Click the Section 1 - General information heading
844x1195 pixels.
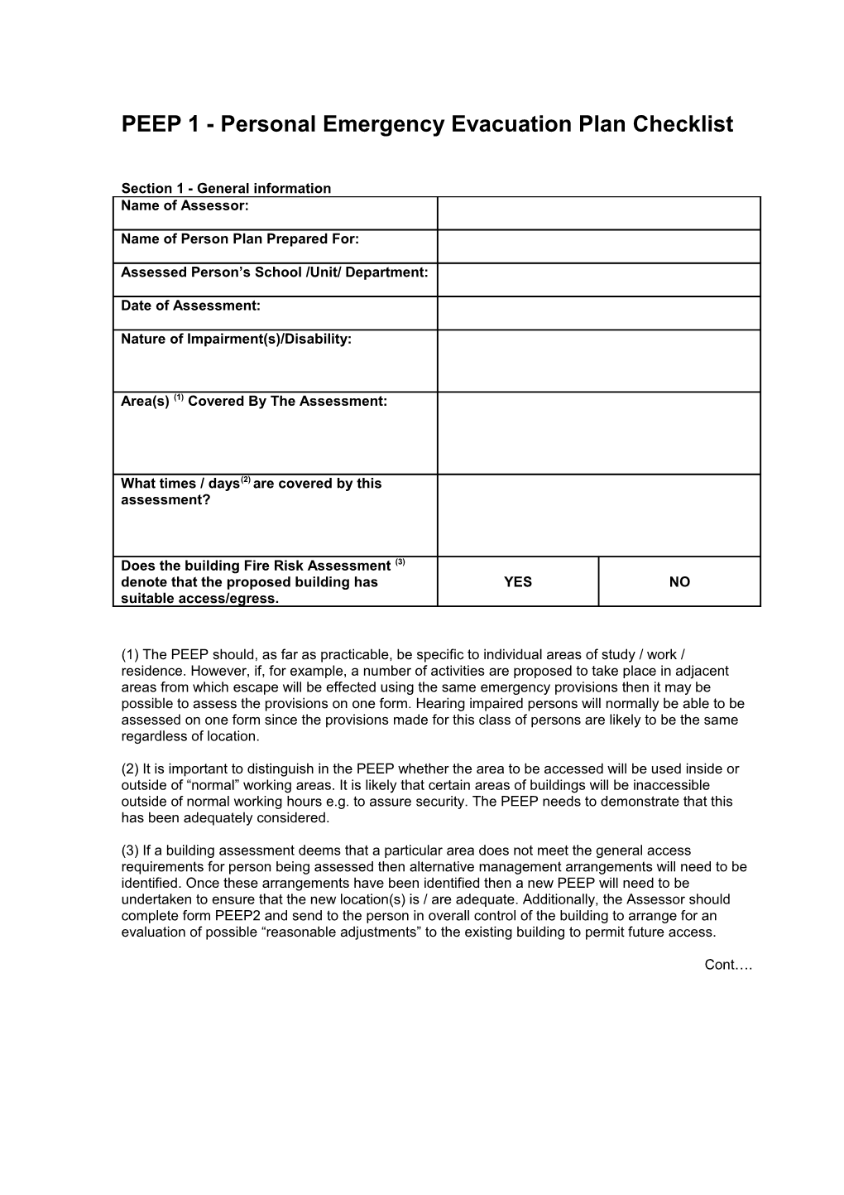coord(226,188)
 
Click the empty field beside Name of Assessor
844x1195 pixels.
coord(598,214)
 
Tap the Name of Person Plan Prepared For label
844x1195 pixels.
coord(240,239)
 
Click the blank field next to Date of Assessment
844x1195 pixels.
coord(598,313)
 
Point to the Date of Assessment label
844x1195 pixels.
coord(190,306)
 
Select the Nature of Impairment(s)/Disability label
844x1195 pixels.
coord(236,339)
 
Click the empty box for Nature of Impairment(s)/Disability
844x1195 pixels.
coord(598,361)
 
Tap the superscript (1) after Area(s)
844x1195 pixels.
coord(179,398)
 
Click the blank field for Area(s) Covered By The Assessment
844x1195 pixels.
coord(598,433)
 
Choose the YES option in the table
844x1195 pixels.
coord(518,582)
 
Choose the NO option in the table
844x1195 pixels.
coord(679,582)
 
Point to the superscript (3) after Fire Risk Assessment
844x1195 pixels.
coord(400,562)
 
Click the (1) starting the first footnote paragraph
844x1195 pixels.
coord(130,655)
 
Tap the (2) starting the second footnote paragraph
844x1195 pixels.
coord(130,769)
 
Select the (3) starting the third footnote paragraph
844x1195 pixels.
coord(130,850)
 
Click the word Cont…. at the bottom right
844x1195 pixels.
coord(728,965)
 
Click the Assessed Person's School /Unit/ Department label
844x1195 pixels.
coord(274,272)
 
